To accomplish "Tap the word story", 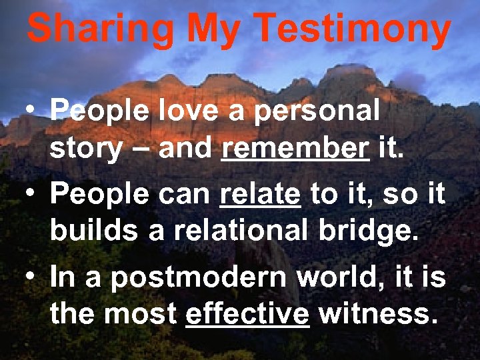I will pyautogui.click(x=86, y=148).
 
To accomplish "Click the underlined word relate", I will pyautogui.click(x=260, y=195).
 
